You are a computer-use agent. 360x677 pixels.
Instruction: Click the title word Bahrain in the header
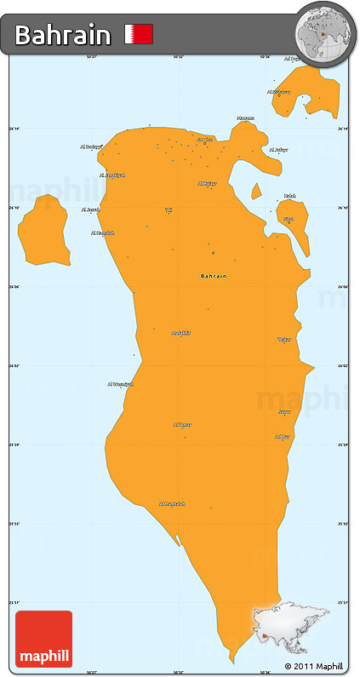[x=63, y=35]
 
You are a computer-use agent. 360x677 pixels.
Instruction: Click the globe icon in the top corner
[x=323, y=35]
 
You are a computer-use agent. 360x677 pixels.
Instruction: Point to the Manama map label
[x=245, y=118]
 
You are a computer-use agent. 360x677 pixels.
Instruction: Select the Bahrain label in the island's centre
[x=214, y=276]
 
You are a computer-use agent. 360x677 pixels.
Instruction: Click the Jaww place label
[x=284, y=412]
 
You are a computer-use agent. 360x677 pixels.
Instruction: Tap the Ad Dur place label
[x=283, y=437]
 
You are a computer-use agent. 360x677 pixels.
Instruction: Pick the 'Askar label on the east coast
[x=284, y=339]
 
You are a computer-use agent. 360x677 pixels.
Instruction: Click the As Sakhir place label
[x=180, y=333]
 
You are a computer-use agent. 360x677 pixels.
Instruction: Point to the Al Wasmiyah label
[x=120, y=384]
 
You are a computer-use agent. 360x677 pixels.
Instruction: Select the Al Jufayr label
[x=278, y=150]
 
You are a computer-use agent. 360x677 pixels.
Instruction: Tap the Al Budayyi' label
[x=91, y=146]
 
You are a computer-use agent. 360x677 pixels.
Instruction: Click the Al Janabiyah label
[x=112, y=175]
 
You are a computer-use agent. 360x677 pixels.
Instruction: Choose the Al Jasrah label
[x=91, y=209]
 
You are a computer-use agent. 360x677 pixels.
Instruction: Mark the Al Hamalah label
[x=102, y=232]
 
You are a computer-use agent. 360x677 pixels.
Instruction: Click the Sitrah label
[x=289, y=219]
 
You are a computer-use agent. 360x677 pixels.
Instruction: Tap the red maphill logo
[x=44, y=640]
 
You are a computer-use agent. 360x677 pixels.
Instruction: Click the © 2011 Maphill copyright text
[x=314, y=666]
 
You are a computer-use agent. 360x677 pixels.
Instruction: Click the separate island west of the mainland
[x=44, y=232]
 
